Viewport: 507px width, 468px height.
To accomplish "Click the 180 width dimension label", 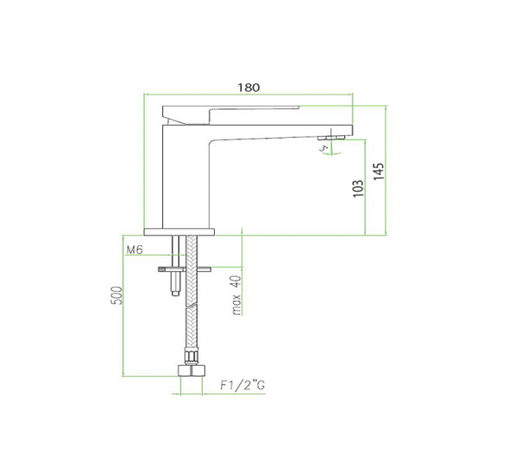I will (x=249, y=87).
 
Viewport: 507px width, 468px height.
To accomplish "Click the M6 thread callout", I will (x=134, y=250).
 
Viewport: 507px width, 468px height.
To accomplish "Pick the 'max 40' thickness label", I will (x=234, y=296).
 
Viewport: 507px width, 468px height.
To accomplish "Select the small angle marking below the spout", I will (x=325, y=149).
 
